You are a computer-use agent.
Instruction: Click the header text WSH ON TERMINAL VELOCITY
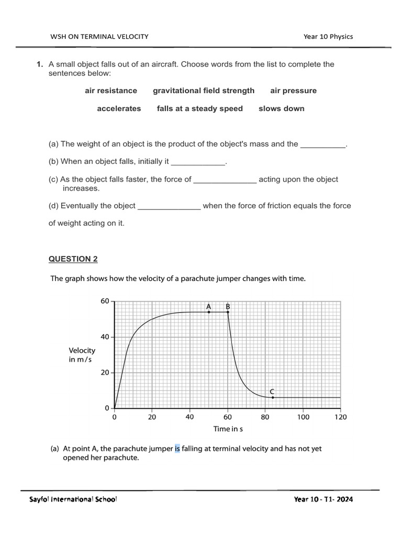99,36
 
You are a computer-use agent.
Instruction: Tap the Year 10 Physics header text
328,36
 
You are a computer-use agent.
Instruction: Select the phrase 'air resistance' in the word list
111,91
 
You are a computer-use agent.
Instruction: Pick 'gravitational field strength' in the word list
204,91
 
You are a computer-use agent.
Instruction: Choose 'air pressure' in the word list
293,91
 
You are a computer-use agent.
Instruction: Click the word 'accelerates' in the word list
119,108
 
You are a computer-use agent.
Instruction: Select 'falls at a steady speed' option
199,108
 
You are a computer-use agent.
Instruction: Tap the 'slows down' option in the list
281,108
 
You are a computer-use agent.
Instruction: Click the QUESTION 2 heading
73,259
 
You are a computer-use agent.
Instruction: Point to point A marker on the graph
209,312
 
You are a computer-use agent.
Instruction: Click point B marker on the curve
228,312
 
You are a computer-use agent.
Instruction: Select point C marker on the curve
273,397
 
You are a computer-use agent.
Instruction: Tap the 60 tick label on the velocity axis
104,301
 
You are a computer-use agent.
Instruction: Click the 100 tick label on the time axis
303,417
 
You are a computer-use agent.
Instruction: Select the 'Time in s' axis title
228,429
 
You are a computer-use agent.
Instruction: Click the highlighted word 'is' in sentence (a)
177,449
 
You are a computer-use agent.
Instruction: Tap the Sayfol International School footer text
73,499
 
